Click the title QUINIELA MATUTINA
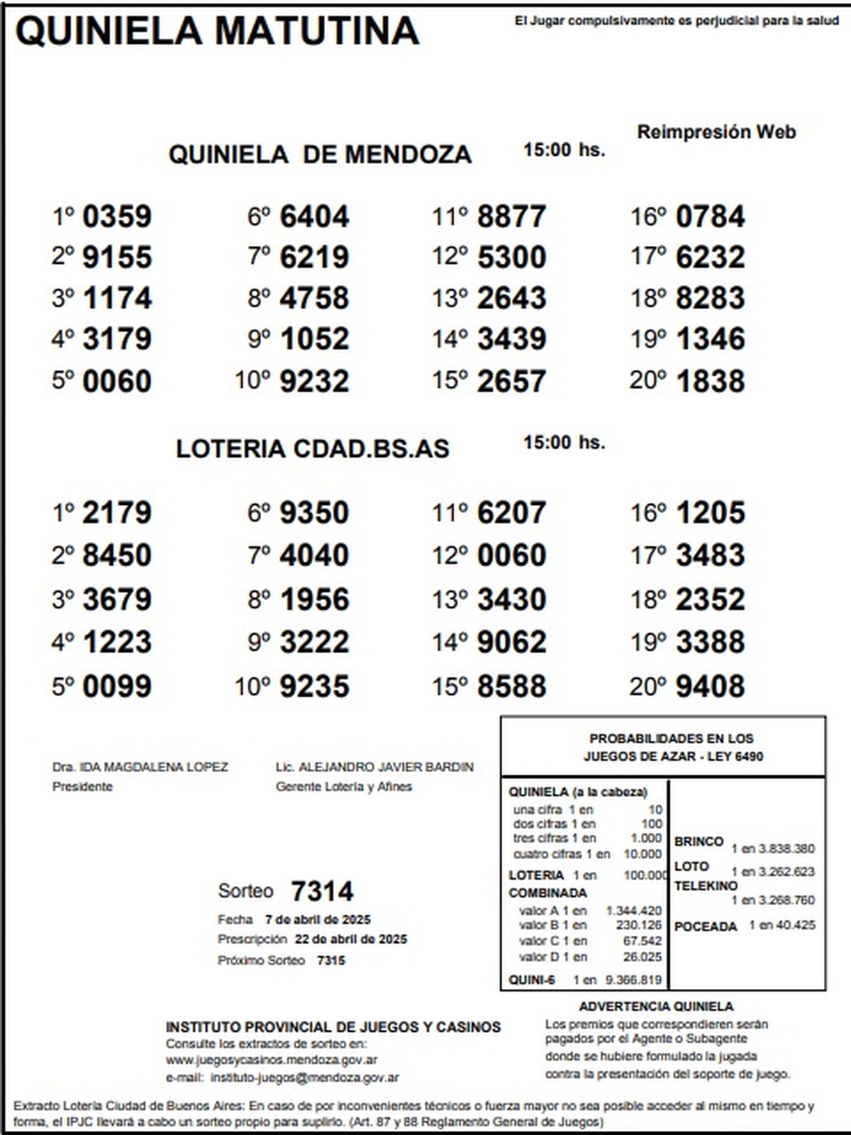click(x=216, y=32)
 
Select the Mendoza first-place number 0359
click(x=117, y=217)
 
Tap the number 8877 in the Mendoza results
click(x=511, y=217)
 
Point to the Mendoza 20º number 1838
click(x=710, y=382)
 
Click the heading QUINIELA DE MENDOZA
click(x=320, y=155)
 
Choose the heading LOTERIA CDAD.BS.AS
click(x=313, y=449)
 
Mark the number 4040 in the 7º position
click(x=314, y=555)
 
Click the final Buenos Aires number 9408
click(x=710, y=687)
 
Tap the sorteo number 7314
click(x=322, y=892)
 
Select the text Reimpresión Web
click(x=716, y=132)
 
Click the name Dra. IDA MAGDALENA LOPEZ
click(x=140, y=768)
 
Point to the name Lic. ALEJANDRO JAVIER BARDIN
click(x=374, y=768)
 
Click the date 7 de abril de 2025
click(x=318, y=920)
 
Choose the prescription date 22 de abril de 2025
click(x=351, y=940)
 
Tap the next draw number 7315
click(x=331, y=960)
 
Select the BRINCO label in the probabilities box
click(x=699, y=842)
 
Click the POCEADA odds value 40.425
click(x=796, y=926)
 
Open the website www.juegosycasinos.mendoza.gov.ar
click(x=272, y=1061)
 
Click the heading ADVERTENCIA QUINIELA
click(x=656, y=1007)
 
